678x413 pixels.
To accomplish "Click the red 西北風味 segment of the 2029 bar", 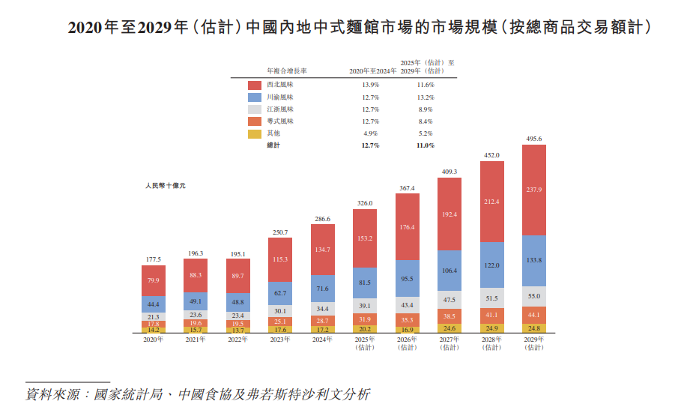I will [x=533, y=190].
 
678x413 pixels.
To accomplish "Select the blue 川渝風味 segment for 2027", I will [x=450, y=270].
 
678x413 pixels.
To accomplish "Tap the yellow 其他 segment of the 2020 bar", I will [x=153, y=329].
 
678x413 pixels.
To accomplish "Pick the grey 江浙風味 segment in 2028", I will [x=491, y=298].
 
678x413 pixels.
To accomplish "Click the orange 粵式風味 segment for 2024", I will [x=323, y=320].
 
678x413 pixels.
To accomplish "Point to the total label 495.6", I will [x=533, y=139].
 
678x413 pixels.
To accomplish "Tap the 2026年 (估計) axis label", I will [x=408, y=343].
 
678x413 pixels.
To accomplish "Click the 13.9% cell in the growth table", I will [x=369, y=85].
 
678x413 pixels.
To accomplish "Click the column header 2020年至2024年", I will [x=372, y=71].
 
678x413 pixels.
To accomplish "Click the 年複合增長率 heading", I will [x=287, y=71].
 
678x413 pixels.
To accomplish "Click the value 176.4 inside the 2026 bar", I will [x=408, y=227].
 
